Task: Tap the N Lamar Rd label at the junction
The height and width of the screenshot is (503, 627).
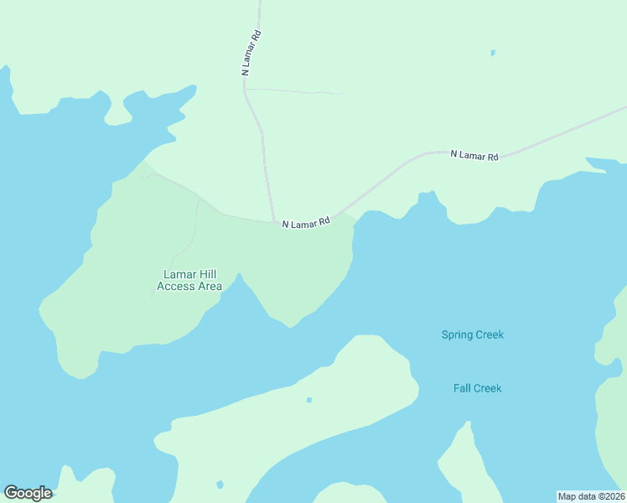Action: click(306, 224)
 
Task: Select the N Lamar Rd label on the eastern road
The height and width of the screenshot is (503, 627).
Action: click(474, 155)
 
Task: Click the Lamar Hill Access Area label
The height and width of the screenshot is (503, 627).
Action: click(189, 280)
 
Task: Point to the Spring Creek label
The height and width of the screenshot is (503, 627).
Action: click(473, 334)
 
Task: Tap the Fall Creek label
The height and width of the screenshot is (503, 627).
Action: click(477, 388)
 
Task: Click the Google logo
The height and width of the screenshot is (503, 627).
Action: click(28, 493)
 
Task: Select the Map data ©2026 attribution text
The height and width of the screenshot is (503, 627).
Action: click(592, 495)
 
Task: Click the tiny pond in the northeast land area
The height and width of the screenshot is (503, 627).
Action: click(493, 53)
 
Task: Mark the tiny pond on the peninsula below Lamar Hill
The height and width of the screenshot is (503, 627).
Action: click(309, 400)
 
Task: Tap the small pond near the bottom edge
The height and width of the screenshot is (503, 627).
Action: click(220, 485)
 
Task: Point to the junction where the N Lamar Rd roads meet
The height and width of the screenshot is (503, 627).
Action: click(275, 222)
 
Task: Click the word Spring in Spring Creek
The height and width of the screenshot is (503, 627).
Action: click(458, 334)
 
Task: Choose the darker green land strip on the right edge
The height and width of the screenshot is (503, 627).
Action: click(613, 419)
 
